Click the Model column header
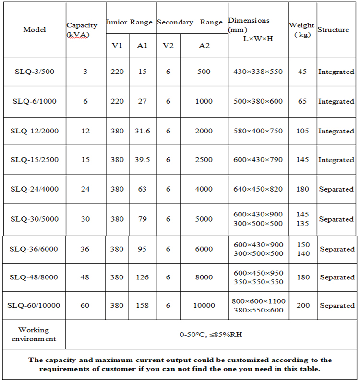coord(35,30)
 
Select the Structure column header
coord(333,30)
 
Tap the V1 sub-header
coord(117,46)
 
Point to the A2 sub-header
coord(204,46)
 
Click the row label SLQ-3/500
coord(35,72)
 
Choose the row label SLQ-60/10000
coord(35,305)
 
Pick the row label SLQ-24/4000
coord(35,189)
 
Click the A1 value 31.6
coord(142,131)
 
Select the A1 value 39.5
coord(142,160)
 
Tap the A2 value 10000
coord(204,305)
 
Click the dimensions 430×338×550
coord(258,72)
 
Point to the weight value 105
coord(302,131)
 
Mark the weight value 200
coord(302,305)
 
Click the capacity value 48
coord(85,277)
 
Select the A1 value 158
coord(142,305)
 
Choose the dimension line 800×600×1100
coord(258,301)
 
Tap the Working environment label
coord(34,334)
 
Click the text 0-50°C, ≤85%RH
coord(211,334)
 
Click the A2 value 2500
coord(204,160)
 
